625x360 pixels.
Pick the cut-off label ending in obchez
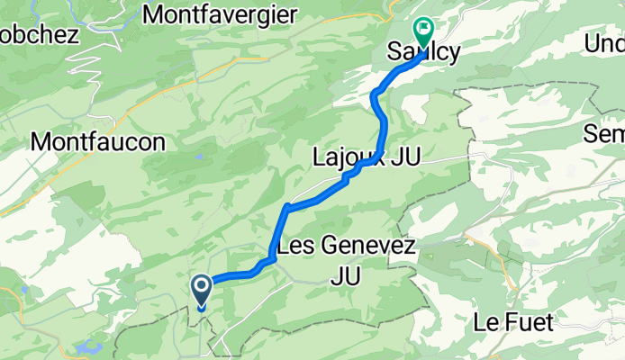click(x=40, y=34)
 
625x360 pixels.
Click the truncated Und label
click(x=604, y=43)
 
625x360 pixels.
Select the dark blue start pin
click(x=200, y=291)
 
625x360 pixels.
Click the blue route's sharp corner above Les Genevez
click(x=286, y=208)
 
